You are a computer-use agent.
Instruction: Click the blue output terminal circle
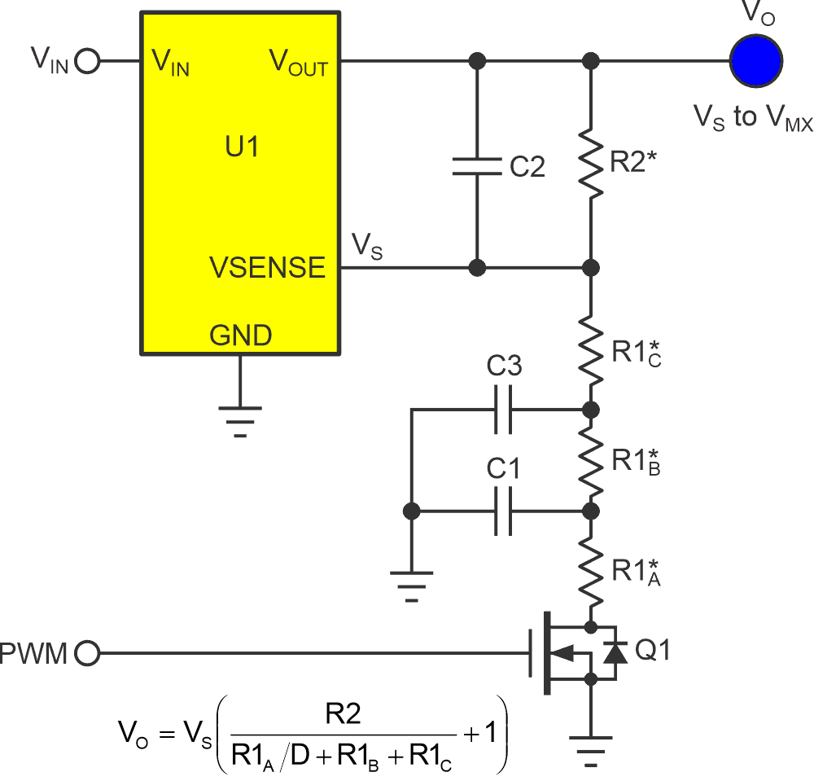[x=755, y=60]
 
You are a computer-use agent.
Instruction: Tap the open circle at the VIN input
[x=87, y=61]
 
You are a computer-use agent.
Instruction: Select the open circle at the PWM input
[x=87, y=652]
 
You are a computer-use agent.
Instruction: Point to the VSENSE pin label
[x=267, y=267]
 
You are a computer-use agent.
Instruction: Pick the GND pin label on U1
[x=240, y=335]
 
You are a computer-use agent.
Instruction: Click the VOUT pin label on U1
[x=299, y=63]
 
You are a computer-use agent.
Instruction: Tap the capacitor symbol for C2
[x=478, y=166]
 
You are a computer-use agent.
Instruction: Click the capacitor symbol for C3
[x=503, y=409]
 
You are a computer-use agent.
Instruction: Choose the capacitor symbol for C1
[x=503, y=511]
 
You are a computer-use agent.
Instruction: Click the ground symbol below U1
[x=240, y=420]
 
